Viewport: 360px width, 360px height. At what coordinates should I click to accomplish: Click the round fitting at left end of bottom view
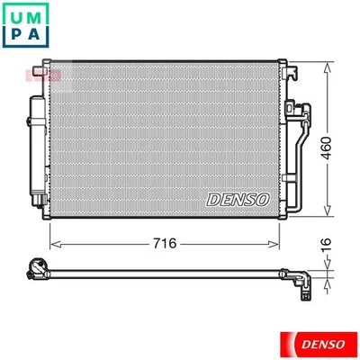click(x=36, y=267)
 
